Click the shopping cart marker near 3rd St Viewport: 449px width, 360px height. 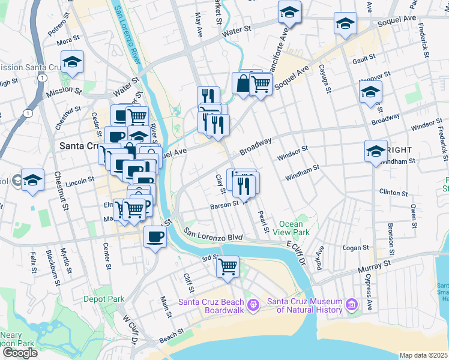(x=228, y=266)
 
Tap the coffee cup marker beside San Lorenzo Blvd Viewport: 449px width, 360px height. (x=155, y=237)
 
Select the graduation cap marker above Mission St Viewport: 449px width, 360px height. (x=72, y=62)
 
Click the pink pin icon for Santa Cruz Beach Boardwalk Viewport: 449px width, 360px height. (x=253, y=306)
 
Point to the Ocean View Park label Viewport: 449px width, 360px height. (x=291, y=228)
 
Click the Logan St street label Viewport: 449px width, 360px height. (x=355, y=247)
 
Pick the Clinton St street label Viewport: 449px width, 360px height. (x=394, y=193)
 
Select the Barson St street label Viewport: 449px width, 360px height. (x=224, y=206)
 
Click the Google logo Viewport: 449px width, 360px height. (x=20, y=352)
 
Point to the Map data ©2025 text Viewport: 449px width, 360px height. (x=423, y=355)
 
